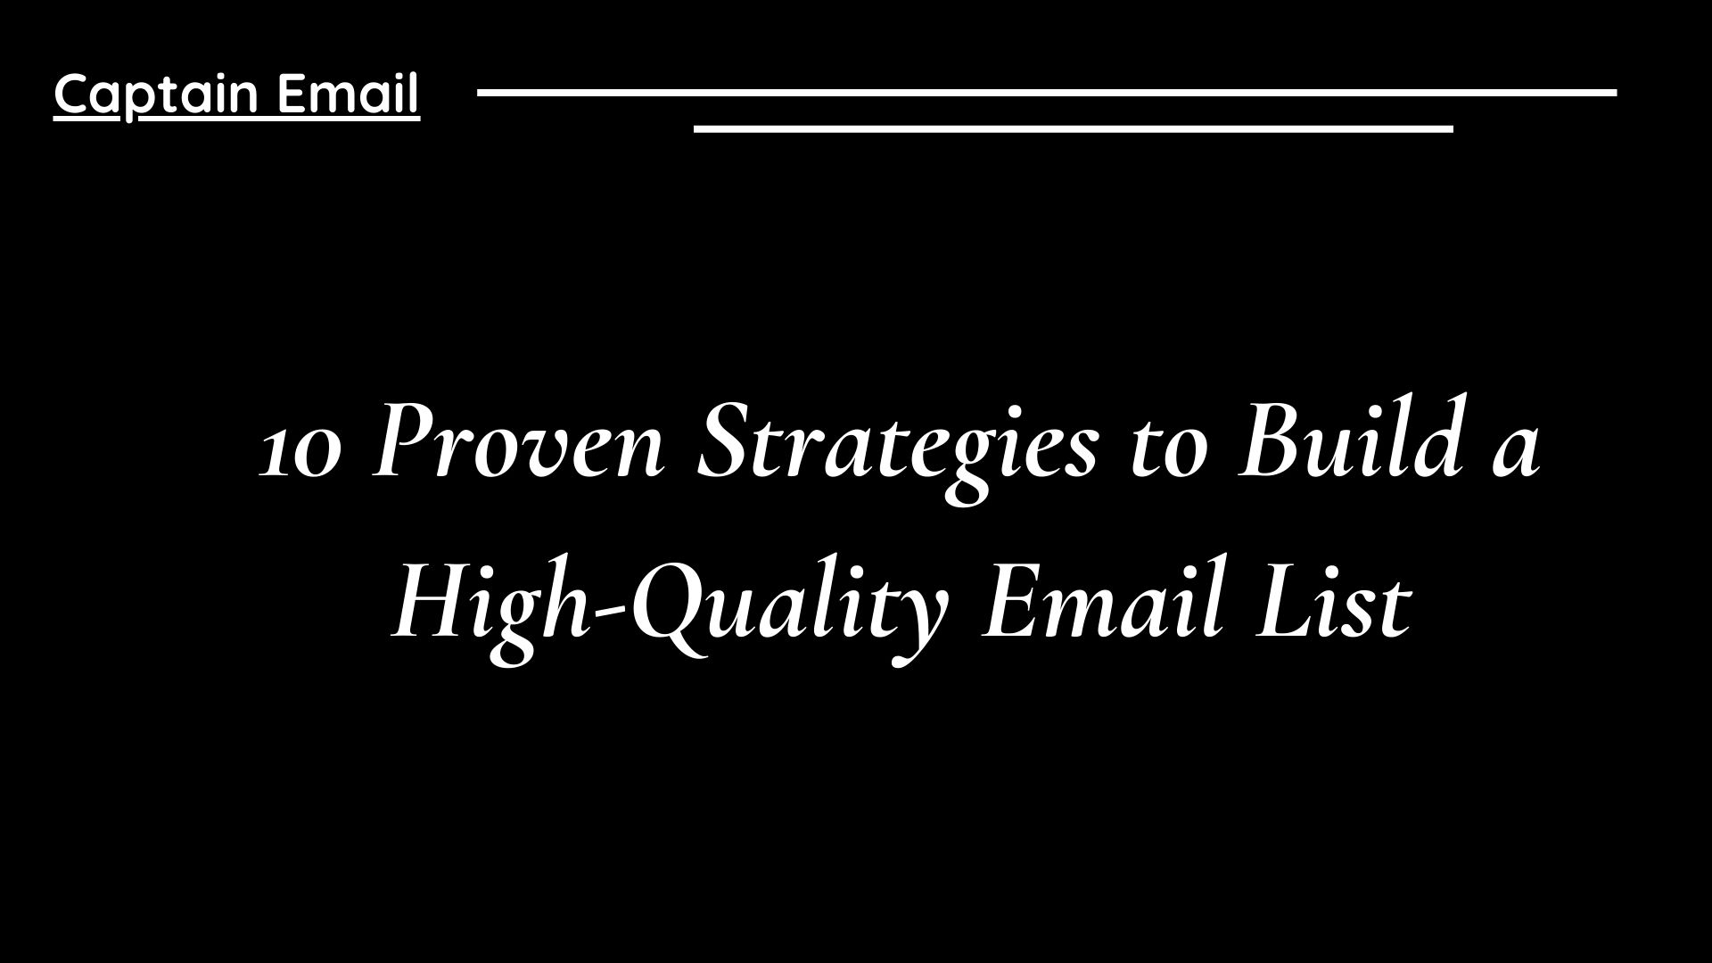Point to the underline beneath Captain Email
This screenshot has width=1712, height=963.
(236, 118)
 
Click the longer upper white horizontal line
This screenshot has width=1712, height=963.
(1047, 92)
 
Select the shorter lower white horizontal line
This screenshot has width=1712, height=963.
(1073, 129)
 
